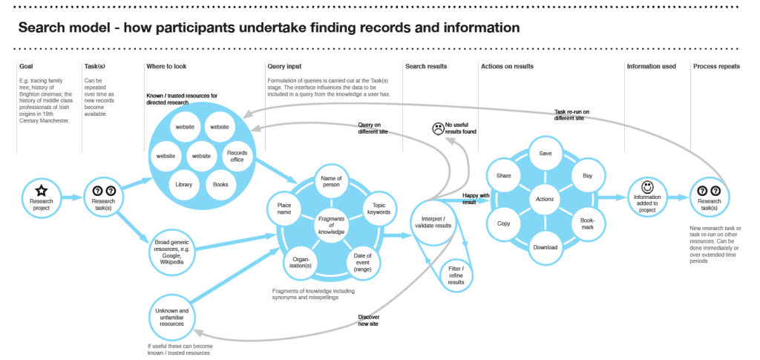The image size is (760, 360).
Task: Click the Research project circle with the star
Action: point(42,197)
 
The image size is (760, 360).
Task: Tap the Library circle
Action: point(184,184)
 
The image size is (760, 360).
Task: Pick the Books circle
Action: point(220,184)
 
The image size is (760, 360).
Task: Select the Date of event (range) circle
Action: point(364,261)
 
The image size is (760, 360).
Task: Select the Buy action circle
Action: point(588,176)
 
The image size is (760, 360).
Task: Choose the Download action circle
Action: point(546,247)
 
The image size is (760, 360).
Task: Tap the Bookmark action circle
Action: point(588,223)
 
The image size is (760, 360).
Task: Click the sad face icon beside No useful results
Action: point(437,129)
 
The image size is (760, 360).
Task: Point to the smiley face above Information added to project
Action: point(647,186)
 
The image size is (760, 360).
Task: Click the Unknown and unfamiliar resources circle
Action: point(172,317)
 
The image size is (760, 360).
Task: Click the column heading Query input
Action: point(284,67)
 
